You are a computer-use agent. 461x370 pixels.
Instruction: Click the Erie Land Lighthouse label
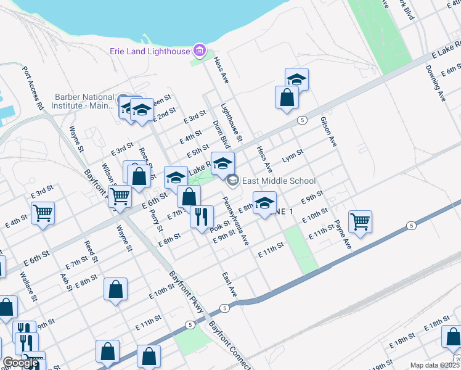pos(150,51)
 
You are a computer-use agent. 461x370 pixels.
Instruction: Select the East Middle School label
pos(279,181)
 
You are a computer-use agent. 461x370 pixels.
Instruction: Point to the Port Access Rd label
pos(33,89)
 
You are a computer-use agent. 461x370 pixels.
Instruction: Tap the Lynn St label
pos(293,156)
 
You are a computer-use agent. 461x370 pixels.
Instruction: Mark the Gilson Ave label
pos(328,132)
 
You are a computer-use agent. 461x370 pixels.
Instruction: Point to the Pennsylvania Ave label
pos(234,220)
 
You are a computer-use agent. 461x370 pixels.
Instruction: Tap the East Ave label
pos(229,282)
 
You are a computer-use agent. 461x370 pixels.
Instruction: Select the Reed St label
pos(91,252)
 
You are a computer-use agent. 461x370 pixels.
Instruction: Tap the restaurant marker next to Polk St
pos(202,218)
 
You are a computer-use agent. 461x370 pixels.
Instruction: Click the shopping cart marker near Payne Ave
pos(360,222)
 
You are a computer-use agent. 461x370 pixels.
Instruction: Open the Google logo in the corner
pos(20,363)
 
